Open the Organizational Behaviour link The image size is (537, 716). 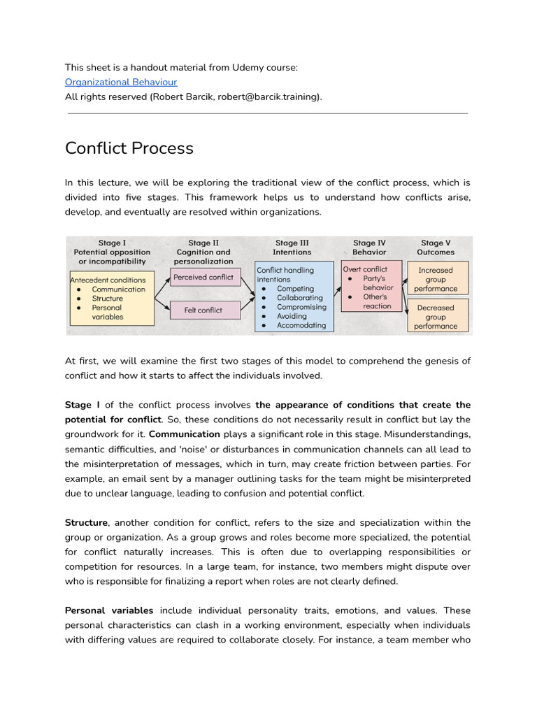tap(121, 82)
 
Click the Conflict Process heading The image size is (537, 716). tap(129, 148)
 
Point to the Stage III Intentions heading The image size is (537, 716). tap(292, 248)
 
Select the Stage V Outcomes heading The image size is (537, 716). tap(435, 248)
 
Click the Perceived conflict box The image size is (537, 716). tap(203, 277)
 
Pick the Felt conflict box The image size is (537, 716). tap(203, 310)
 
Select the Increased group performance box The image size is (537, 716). tap(435, 279)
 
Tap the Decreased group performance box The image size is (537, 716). tap(435, 317)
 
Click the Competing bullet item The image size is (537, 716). tap(295, 288)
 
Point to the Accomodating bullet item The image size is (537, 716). tap(301, 325)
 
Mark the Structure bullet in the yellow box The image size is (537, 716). tap(107, 299)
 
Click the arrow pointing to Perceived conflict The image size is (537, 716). tap(163, 282)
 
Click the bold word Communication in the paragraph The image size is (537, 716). tap(185, 434)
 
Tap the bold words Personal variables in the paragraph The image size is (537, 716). tap(109, 610)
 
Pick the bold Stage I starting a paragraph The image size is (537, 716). tap(83, 405)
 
